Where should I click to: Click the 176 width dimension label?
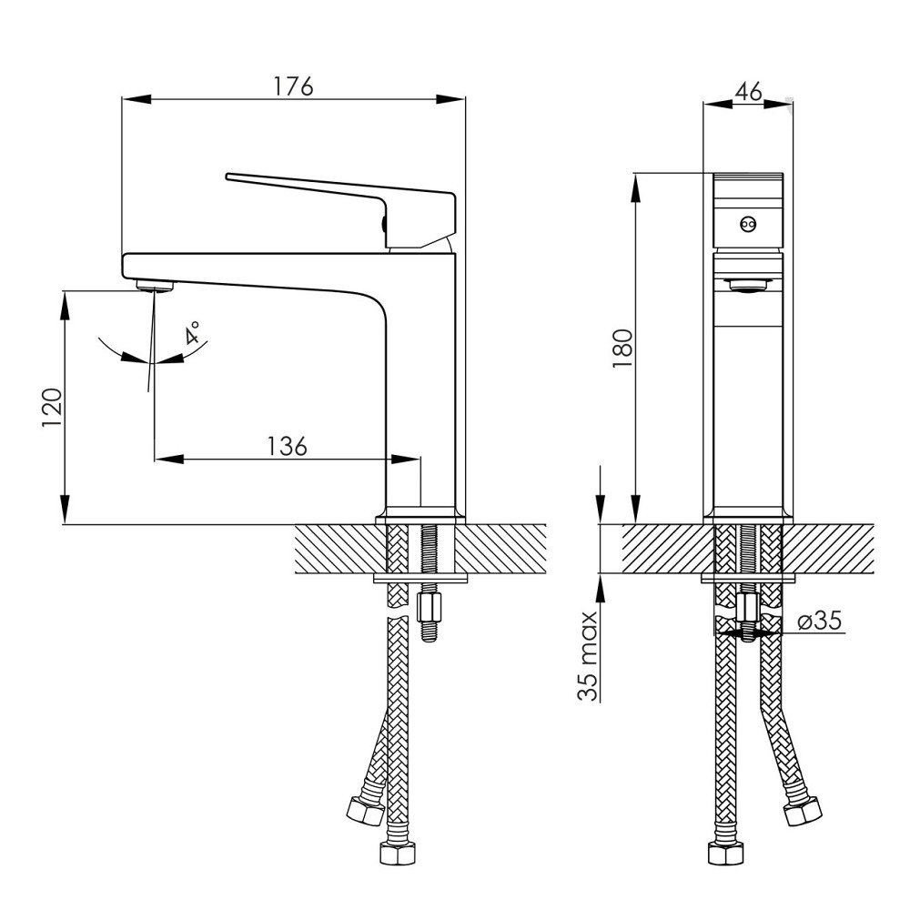[x=293, y=86]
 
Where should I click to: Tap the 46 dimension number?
[x=748, y=92]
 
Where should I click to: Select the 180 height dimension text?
[x=622, y=348]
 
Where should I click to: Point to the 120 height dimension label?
[x=52, y=408]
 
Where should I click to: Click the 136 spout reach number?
[x=287, y=446]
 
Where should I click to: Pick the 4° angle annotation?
[x=192, y=333]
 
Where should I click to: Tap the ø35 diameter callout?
[x=820, y=621]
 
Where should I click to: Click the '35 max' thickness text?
[x=588, y=656]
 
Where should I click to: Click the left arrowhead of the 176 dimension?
[x=137, y=99]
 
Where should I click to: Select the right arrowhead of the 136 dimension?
[x=405, y=459]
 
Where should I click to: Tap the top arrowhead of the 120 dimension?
[x=65, y=305]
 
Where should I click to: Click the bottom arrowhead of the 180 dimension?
[x=637, y=509]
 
